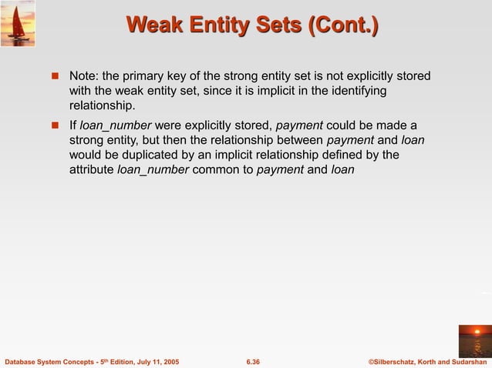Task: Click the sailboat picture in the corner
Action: (x=18, y=23)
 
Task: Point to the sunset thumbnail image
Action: (x=473, y=340)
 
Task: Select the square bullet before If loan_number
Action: (x=55, y=126)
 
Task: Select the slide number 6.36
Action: (x=252, y=361)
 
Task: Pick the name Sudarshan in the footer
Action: (x=467, y=361)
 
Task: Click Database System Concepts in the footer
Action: (x=43, y=361)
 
